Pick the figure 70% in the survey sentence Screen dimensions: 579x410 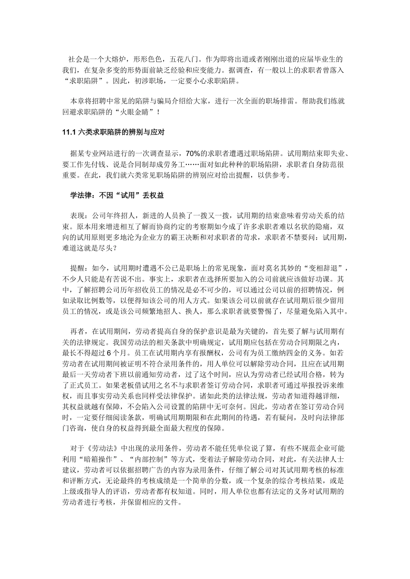coord(192,154)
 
